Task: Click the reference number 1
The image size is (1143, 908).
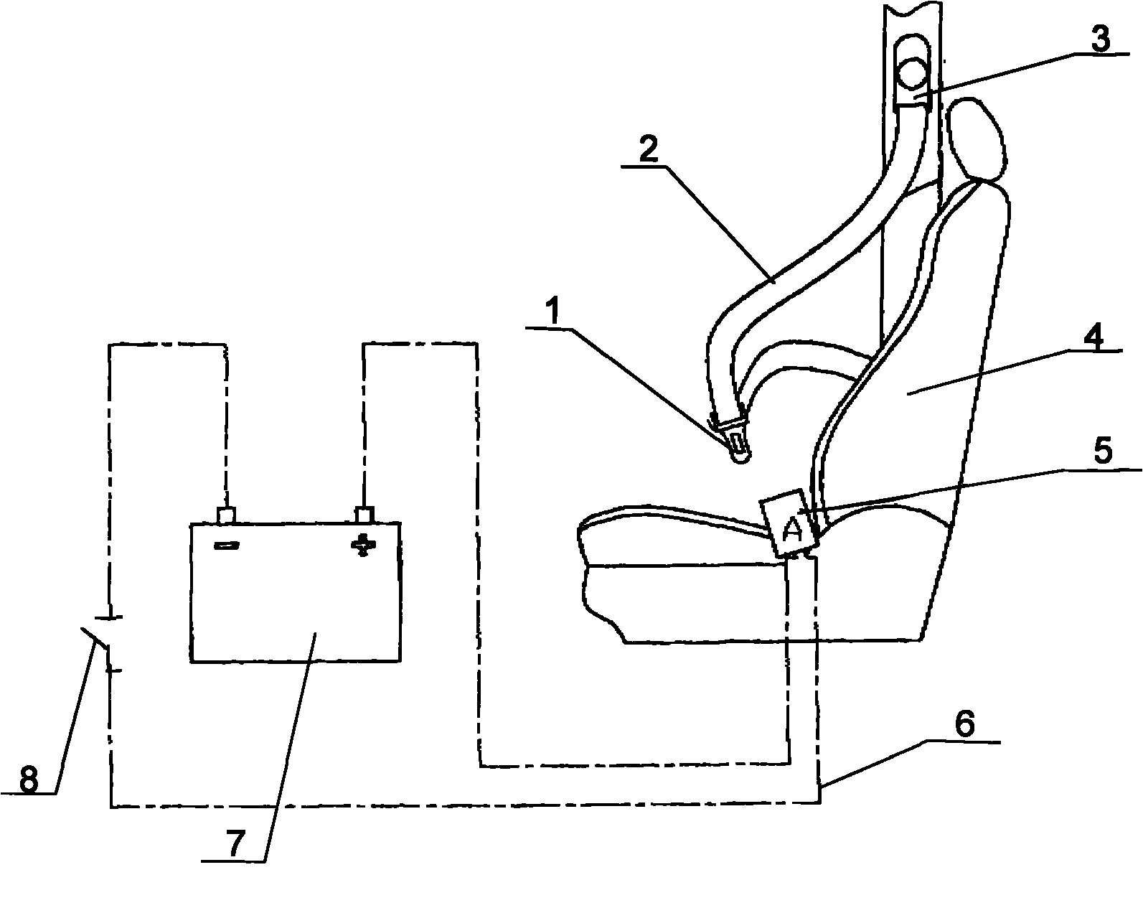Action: click(x=554, y=311)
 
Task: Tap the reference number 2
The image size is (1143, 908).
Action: click(x=648, y=149)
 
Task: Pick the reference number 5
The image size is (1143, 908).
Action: click(x=1103, y=451)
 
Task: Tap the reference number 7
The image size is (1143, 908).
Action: click(x=236, y=843)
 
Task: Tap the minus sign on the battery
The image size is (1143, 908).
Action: click(x=227, y=545)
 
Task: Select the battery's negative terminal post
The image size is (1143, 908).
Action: click(x=226, y=515)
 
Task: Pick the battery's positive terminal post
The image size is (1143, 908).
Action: click(x=364, y=515)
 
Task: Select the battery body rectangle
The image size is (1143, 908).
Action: click(x=296, y=592)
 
